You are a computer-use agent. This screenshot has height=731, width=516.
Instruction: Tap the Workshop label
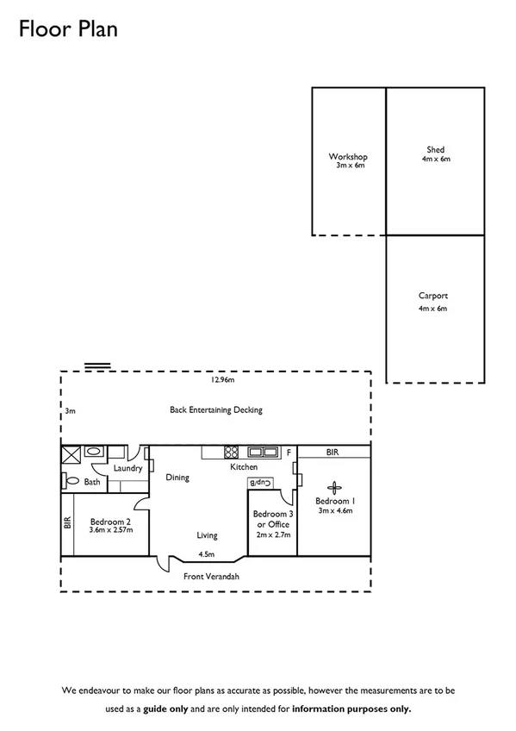coord(348,157)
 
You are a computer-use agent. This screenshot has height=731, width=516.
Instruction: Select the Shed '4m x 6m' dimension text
coord(435,159)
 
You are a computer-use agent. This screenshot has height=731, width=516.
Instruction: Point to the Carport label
coord(433,296)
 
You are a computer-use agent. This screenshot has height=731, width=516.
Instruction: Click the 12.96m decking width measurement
coord(223,379)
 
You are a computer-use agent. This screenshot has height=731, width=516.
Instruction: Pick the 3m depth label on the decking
coord(70,411)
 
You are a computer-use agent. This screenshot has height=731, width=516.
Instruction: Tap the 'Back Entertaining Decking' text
coord(215,410)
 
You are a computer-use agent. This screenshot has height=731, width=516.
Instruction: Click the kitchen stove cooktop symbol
coord(231,451)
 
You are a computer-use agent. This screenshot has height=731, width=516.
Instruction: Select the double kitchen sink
coord(263,451)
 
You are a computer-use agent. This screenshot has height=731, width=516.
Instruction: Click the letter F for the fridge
coord(289,452)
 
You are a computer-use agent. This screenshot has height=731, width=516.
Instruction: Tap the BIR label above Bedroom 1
coord(332,452)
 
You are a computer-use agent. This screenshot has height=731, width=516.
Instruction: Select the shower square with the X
coord(70,453)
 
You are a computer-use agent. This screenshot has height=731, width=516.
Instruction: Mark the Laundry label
coord(127,468)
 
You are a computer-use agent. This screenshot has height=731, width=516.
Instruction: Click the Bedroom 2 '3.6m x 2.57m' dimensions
coord(110,529)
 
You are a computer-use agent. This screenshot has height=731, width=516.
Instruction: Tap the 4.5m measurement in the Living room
coord(206,554)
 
